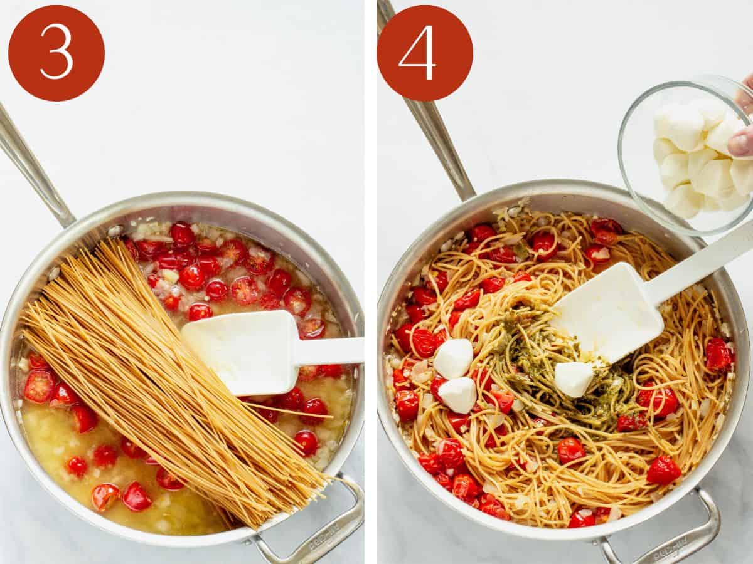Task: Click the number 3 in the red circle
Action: tap(56, 53)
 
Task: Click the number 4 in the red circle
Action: tap(417, 53)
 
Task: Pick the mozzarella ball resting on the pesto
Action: tap(574, 379)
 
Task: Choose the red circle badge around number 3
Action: tap(56, 53)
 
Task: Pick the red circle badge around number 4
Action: tap(425, 53)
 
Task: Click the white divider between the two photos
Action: tap(370, 282)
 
